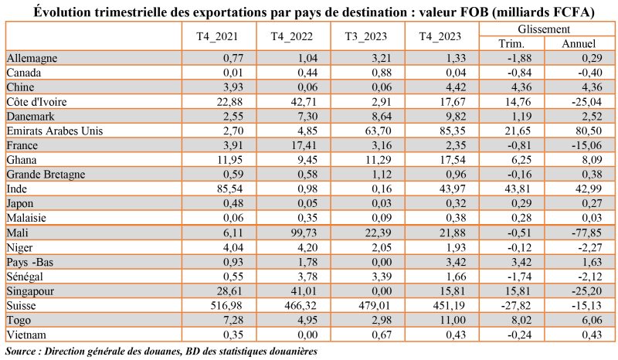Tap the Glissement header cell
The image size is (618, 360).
coord(545,29)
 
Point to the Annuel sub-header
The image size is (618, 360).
coord(579,44)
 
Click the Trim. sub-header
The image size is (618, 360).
coord(513,44)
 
